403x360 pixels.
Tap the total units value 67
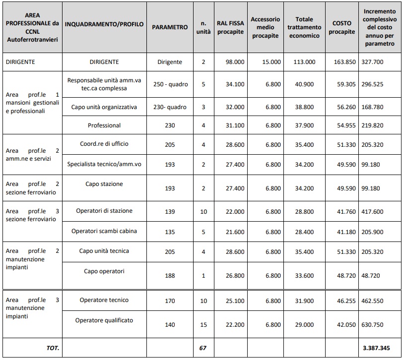[202, 348]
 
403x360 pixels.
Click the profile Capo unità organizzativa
[104, 107]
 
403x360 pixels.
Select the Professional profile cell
[104, 125]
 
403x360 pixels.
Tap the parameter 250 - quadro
[170, 84]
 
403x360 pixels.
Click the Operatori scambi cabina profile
[104, 231]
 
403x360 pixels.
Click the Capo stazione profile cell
[104, 184]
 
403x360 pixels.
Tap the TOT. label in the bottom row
[53, 348]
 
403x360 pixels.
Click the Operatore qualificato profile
[104, 320]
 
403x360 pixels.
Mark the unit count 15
[202, 324]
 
